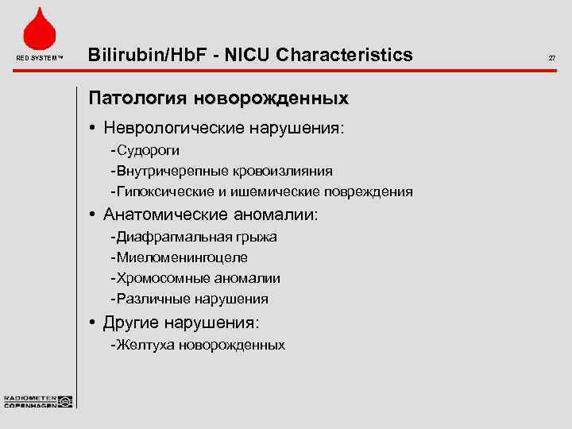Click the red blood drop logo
(x=38, y=29)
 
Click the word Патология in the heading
(x=134, y=99)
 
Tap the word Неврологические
(x=191, y=127)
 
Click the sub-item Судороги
(x=149, y=149)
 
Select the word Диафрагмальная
(x=173, y=237)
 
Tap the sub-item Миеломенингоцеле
(x=181, y=257)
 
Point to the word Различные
(x=148, y=299)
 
